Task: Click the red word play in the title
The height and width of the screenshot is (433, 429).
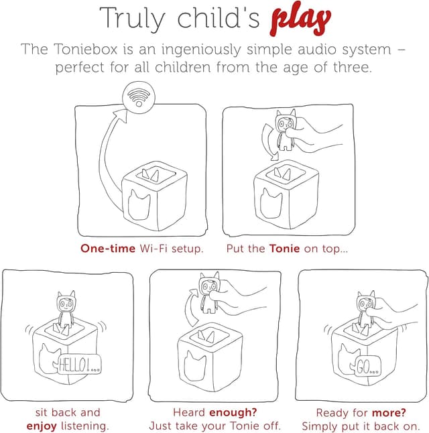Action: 300,19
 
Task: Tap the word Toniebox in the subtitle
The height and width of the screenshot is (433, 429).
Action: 86,49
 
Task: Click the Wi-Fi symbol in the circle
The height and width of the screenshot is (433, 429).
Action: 139,97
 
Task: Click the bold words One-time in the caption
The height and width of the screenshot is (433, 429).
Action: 108,249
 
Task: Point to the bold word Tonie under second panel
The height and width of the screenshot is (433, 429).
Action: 284,249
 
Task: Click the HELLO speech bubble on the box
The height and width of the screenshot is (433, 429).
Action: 80,364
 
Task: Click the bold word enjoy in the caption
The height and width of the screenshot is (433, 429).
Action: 42,426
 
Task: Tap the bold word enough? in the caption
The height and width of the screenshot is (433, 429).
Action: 233,413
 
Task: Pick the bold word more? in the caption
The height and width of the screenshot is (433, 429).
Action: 389,413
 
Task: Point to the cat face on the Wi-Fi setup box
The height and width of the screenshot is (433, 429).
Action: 139,205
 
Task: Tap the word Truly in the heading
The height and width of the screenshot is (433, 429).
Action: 132,19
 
